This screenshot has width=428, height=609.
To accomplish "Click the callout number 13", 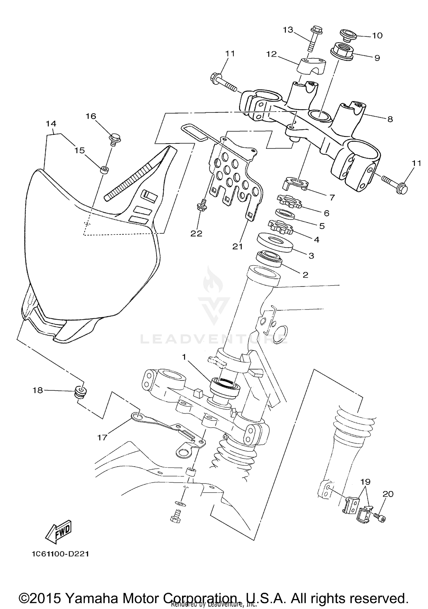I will (288, 30).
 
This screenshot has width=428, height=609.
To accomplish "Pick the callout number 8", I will (390, 119).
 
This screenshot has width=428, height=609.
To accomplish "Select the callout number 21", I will (237, 246).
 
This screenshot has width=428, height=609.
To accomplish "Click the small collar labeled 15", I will (104, 170).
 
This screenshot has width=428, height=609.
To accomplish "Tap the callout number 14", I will (51, 124).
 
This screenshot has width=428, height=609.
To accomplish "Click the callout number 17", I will (102, 437).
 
